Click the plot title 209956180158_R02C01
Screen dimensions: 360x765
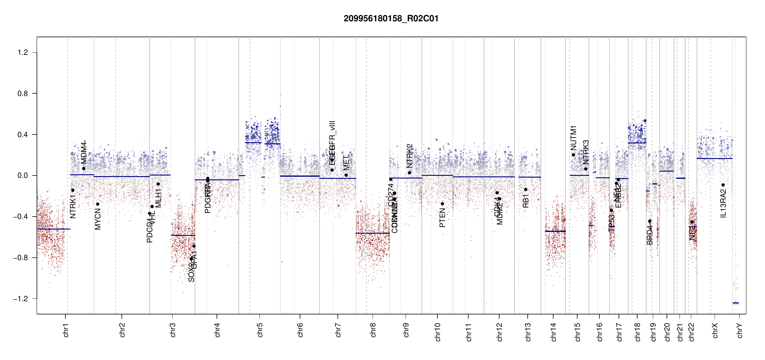pyautogui.click(x=391, y=19)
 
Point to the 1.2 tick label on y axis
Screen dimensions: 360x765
pyautogui.click(x=22, y=52)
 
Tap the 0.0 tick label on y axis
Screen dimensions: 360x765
pyautogui.click(x=22, y=175)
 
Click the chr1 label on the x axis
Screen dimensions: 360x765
pyautogui.click(x=66, y=330)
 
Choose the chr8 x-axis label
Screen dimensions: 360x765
pyautogui.click(x=373, y=330)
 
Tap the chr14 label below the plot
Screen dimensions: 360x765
pyautogui.click(x=553, y=332)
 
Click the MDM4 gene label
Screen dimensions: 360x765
pyautogui.click(x=84, y=153)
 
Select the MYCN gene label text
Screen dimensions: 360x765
pyautogui.click(x=98, y=219)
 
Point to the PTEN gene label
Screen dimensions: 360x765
pyautogui.click(x=442, y=218)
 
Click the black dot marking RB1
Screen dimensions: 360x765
pyautogui.click(x=526, y=190)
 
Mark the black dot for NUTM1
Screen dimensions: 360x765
pyautogui.click(x=573, y=155)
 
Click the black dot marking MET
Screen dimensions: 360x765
pyautogui.click(x=346, y=175)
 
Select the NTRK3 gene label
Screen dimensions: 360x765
pyautogui.click(x=586, y=152)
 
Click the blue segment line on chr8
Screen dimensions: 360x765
pyautogui.click(x=373, y=233)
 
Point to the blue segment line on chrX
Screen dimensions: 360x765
pyautogui.click(x=714, y=158)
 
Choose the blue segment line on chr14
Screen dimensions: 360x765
pyautogui.click(x=555, y=231)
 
